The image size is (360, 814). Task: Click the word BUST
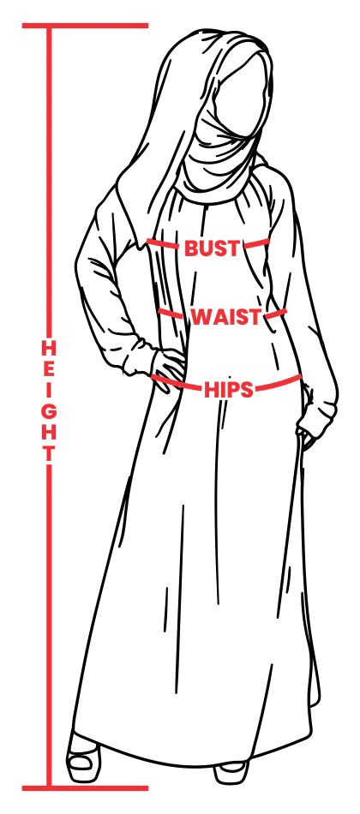tap(212, 248)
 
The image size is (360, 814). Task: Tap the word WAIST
tap(226, 317)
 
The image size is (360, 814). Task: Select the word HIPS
tap(229, 389)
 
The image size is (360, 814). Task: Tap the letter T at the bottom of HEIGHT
tap(48, 453)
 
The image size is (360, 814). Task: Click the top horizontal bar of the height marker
tap(85, 26)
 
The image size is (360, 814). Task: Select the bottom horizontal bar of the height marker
tap(85, 788)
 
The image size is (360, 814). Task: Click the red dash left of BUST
tap(163, 243)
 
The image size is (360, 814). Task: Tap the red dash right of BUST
tap(256, 243)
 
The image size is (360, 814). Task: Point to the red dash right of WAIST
tap(275, 314)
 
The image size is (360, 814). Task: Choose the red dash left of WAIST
tap(170, 313)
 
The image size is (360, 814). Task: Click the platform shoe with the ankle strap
tap(84, 758)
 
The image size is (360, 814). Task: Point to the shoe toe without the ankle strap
tap(231, 771)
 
